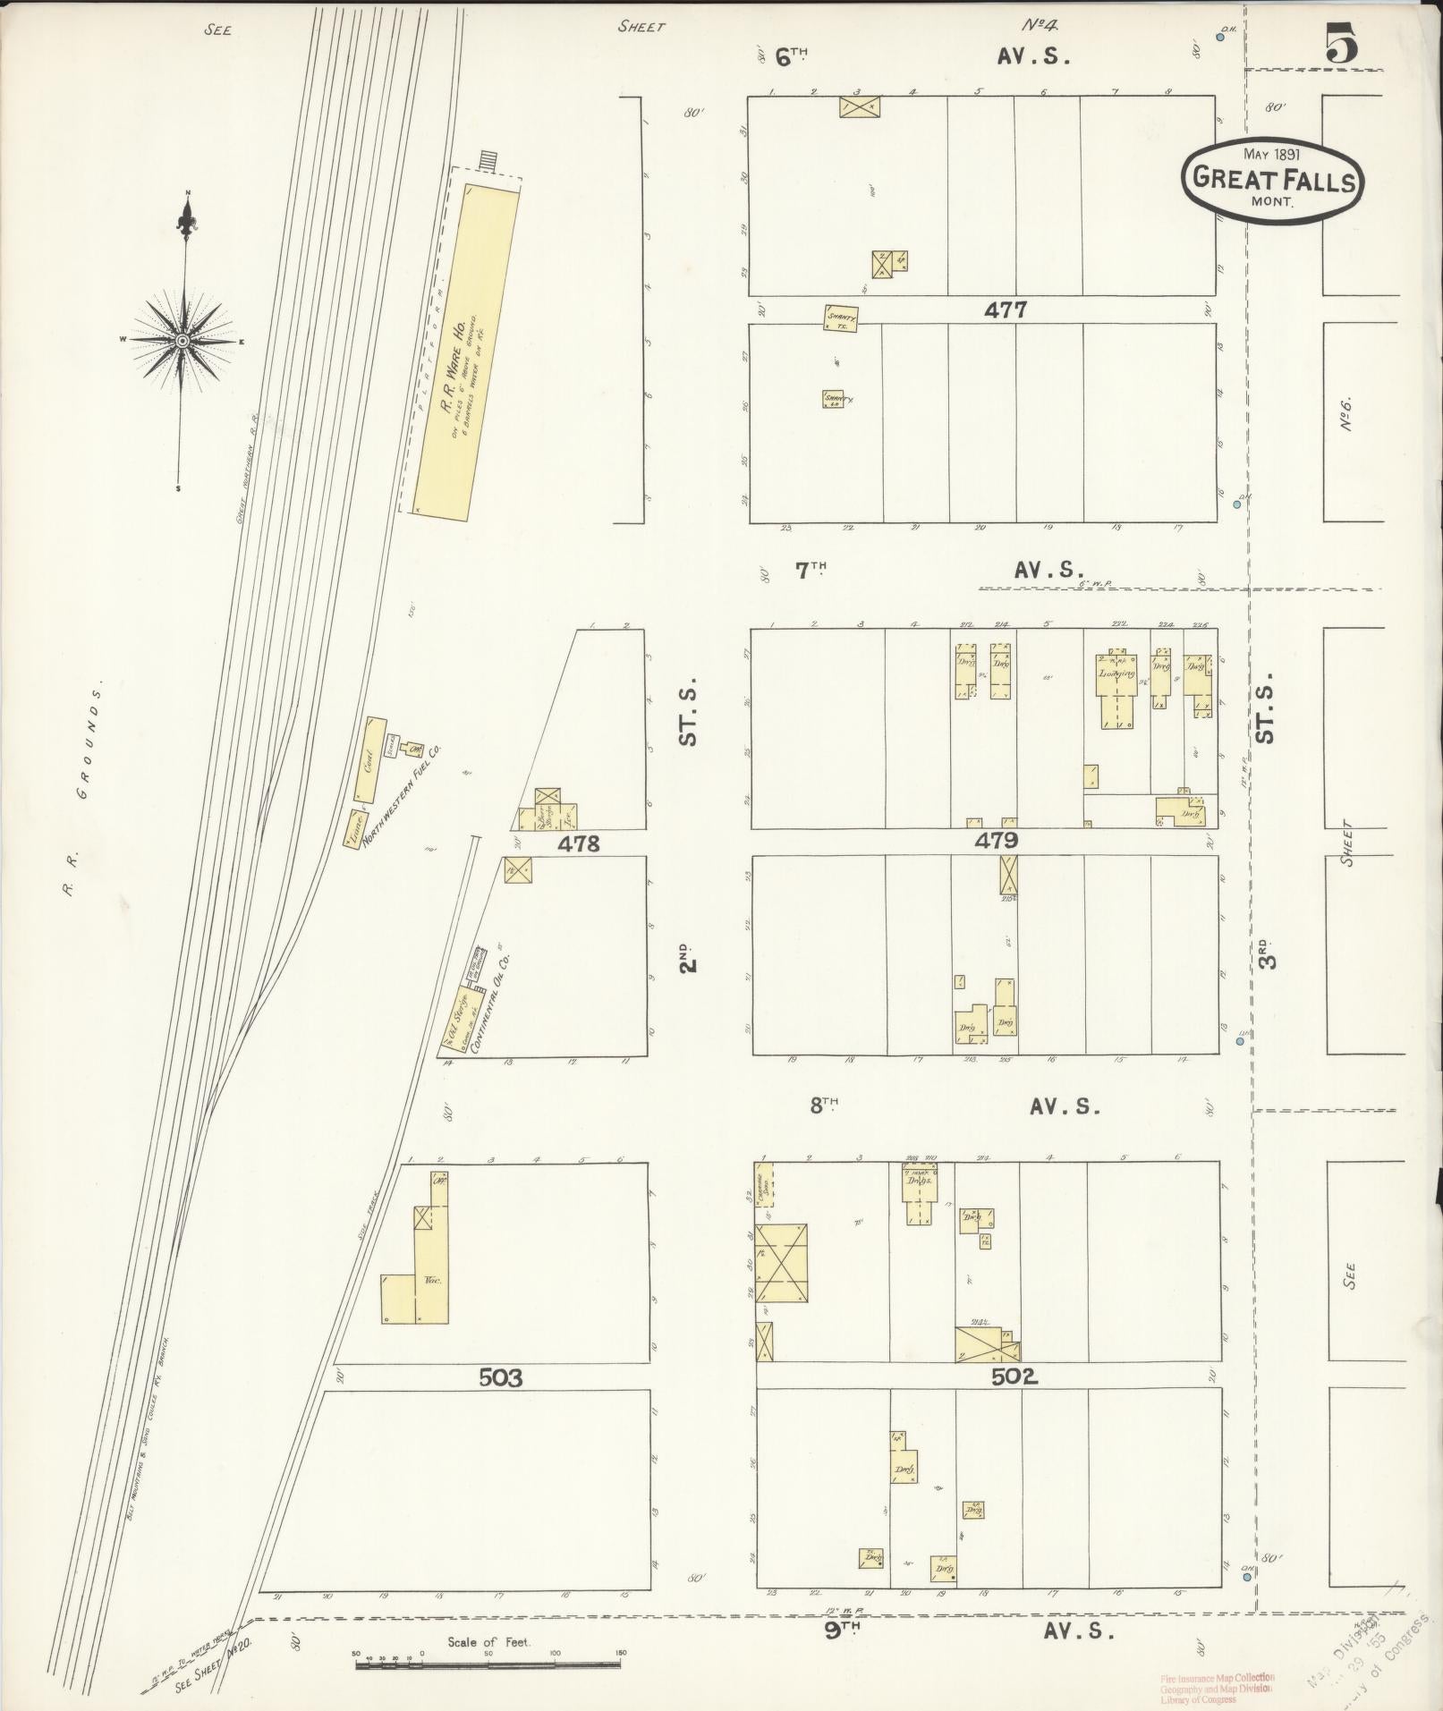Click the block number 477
click(1005, 309)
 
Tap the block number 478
click(577, 843)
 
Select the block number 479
click(997, 841)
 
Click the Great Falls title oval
click(1272, 178)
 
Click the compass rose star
click(183, 340)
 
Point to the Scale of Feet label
click(488, 1642)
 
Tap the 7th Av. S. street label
click(939, 570)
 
